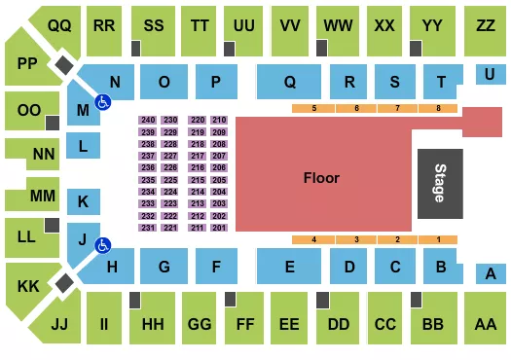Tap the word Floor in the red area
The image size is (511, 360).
pos(321,178)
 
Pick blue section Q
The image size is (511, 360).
pos(290,83)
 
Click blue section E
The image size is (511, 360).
pos(289,265)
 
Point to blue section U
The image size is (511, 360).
pos(489,73)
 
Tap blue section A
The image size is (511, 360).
pos(491,274)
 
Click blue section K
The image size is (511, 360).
pos(84,202)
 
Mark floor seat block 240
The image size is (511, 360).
pos(147,120)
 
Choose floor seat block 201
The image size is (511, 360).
pos(218,228)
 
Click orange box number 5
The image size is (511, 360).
pos(313,107)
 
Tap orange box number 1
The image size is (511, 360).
pos(439,239)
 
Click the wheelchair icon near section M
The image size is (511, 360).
pos(101,100)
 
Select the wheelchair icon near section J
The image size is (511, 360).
pos(101,245)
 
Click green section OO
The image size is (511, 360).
pos(29,111)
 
